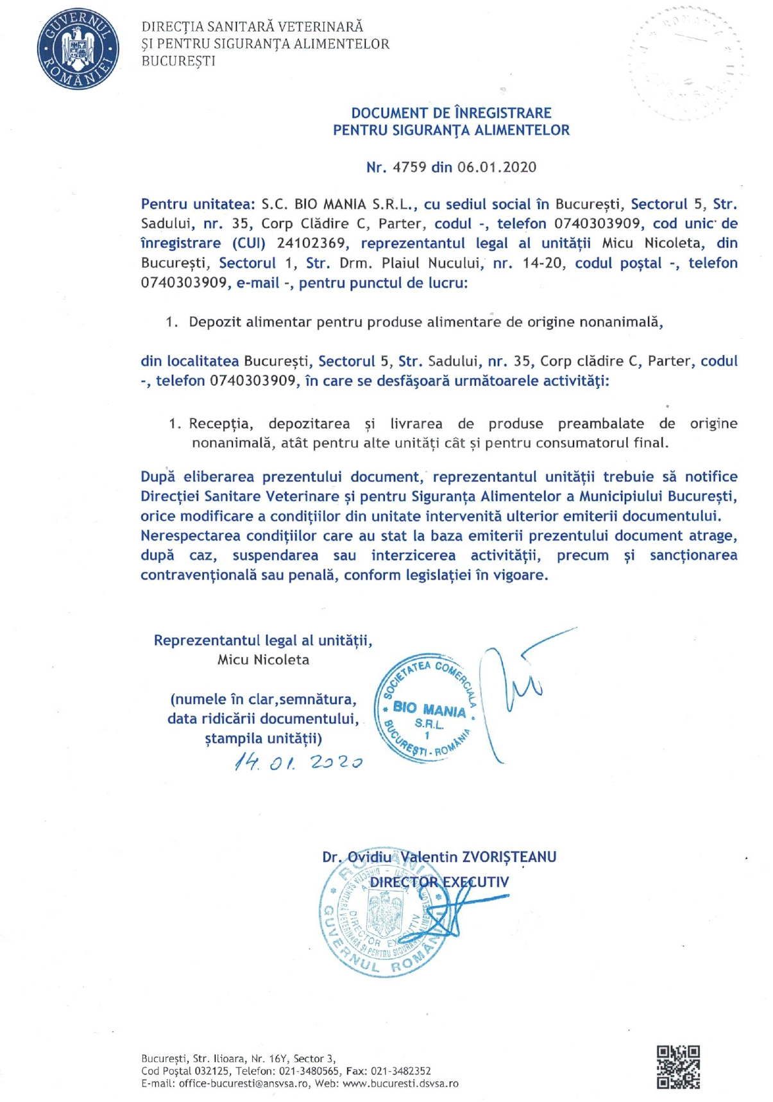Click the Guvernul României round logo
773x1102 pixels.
click(78, 49)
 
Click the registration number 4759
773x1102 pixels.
click(409, 168)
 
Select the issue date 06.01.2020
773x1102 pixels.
click(497, 168)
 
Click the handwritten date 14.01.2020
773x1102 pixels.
click(299, 762)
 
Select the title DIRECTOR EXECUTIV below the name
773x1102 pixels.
click(439, 882)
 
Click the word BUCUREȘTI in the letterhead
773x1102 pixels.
click(178, 62)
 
